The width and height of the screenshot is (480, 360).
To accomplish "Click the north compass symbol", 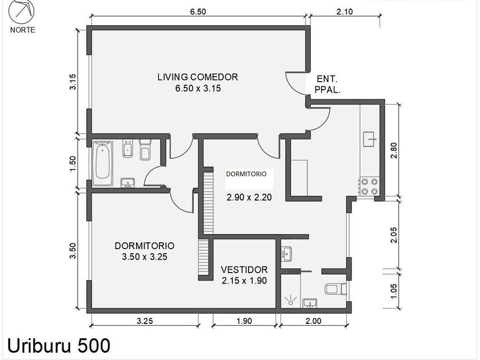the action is pos(21,11).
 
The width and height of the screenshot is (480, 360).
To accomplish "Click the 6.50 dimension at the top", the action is pos(198,11).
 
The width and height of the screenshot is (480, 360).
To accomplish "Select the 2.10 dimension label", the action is pos(345,11).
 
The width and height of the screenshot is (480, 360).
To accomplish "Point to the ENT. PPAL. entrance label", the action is pos(327,85).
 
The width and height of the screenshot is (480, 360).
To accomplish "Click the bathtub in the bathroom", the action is pos(102,163).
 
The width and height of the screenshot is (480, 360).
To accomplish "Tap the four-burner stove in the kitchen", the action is pos(370,187).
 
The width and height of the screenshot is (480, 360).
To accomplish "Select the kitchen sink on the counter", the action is pos(371,139).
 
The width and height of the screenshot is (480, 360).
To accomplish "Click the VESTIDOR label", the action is pos(245,269).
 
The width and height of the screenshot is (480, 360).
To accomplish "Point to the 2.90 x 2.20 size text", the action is pos(249,197).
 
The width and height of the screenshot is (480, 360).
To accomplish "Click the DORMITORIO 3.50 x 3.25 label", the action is pos(145,251).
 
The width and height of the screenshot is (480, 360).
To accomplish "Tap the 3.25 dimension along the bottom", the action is pos(145,321).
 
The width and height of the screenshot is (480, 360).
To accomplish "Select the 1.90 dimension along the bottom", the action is pos(245,321).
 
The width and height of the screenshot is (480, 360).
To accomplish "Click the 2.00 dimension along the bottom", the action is pos(314,321).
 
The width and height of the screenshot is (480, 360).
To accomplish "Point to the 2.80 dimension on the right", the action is pos(394,150).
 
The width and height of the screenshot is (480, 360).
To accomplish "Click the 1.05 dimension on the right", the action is pos(394,291).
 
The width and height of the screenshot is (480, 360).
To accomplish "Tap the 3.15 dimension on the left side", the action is pos(73,82).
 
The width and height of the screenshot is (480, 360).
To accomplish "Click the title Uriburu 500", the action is pos(58,346).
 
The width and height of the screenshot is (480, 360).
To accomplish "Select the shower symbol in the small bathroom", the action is pos(290,300).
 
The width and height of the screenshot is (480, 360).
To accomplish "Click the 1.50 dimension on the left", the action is pos(73,164).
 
